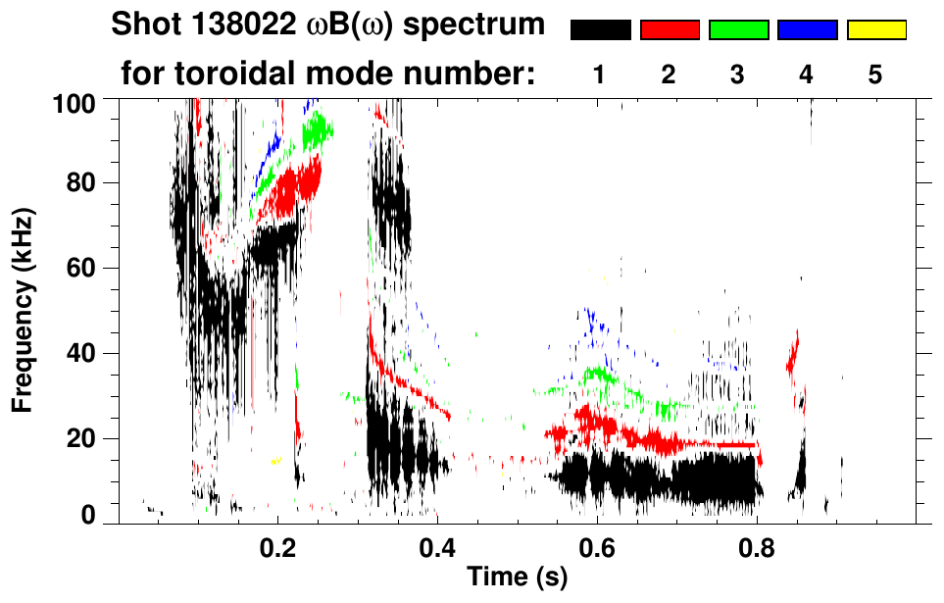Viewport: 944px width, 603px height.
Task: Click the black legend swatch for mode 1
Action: (x=600, y=30)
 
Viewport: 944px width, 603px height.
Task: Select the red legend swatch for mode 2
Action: (x=670, y=30)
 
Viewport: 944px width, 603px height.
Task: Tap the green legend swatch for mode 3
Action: (x=738, y=30)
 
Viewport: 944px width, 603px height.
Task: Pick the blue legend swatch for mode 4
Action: (x=807, y=30)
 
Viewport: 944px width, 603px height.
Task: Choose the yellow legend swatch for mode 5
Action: (x=875, y=30)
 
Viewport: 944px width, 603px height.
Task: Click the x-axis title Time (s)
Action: (x=517, y=578)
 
